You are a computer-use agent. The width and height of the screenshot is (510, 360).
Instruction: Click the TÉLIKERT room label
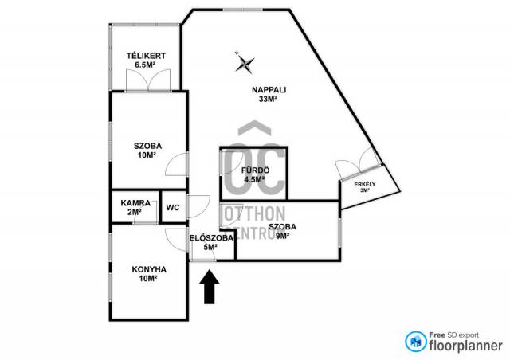(x=146, y=56)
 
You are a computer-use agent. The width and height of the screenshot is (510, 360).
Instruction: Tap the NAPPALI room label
(x=269, y=90)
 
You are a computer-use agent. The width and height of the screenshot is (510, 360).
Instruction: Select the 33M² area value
(x=268, y=100)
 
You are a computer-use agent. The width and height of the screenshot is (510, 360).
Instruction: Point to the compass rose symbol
(x=245, y=63)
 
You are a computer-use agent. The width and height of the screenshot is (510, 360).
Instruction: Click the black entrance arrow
(x=209, y=287)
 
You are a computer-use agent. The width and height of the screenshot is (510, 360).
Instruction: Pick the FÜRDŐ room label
(x=255, y=170)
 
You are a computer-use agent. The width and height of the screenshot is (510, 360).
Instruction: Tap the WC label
(x=173, y=208)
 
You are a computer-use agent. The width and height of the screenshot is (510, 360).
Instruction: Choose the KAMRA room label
(x=135, y=203)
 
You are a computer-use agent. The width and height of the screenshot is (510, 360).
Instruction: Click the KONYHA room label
(x=149, y=269)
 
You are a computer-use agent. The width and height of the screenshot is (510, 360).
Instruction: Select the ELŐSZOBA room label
(x=211, y=238)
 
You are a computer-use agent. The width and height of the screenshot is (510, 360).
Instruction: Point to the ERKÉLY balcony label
(x=365, y=185)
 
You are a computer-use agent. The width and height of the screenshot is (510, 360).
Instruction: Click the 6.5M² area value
(x=145, y=65)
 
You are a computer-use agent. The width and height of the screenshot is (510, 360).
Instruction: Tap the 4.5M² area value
(x=254, y=179)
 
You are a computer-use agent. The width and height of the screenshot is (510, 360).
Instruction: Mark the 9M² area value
(x=282, y=236)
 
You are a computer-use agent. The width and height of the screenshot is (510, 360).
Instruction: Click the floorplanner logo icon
(x=416, y=342)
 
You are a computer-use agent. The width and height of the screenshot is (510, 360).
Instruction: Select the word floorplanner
(x=465, y=346)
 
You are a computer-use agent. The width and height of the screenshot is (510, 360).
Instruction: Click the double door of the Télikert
(x=148, y=80)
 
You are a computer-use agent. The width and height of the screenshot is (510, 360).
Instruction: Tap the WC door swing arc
(x=198, y=207)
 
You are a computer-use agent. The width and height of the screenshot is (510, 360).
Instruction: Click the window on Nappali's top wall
(x=242, y=10)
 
